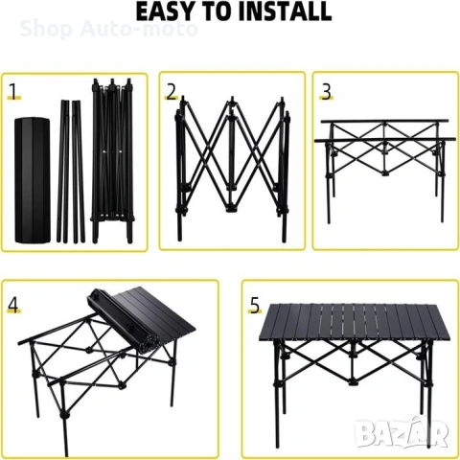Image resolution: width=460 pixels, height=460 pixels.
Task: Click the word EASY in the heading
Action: [x=163, y=11]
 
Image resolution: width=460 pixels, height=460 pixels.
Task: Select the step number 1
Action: [x=13, y=91]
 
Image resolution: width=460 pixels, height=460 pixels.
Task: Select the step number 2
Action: [x=172, y=92]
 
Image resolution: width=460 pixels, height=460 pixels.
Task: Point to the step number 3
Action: [x=326, y=92]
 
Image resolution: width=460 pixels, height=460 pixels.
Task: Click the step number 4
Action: [x=13, y=305]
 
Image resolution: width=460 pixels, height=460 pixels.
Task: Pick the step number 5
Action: [x=255, y=306]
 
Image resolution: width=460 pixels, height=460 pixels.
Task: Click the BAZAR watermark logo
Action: [x=402, y=433]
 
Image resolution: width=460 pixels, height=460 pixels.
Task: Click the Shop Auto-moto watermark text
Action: [x=108, y=29]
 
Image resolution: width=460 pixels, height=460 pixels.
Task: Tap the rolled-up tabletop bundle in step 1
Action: [x=33, y=180]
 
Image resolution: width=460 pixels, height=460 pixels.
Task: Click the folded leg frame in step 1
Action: [x=112, y=161]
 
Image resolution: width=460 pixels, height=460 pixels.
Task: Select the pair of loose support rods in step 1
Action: [x=71, y=172]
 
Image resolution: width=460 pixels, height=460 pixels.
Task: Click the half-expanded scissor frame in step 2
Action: [x=232, y=169]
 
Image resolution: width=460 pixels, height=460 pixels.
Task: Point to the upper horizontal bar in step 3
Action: [x=384, y=122]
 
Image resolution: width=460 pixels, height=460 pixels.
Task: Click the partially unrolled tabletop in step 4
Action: [x=141, y=319]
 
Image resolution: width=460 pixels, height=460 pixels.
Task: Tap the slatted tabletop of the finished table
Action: [x=355, y=322]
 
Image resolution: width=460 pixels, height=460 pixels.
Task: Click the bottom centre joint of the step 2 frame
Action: [x=231, y=210]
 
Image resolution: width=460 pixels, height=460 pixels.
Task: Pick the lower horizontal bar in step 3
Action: [x=385, y=140]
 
